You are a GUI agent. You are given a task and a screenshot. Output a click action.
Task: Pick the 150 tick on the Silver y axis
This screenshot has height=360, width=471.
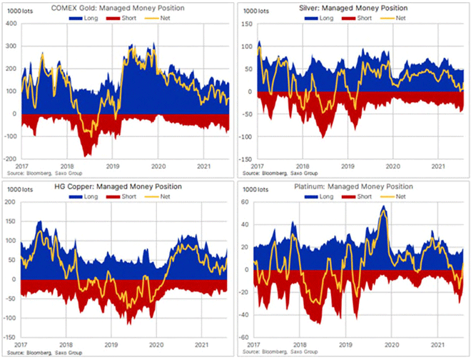tap(248, 24)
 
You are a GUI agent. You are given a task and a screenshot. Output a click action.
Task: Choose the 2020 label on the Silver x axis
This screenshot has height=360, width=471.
tap(393, 166)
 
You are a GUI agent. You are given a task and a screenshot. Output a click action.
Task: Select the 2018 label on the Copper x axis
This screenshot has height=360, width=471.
tap(66, 344)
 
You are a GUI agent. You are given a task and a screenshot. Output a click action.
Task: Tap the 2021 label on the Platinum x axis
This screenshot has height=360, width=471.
tap(438, 344)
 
